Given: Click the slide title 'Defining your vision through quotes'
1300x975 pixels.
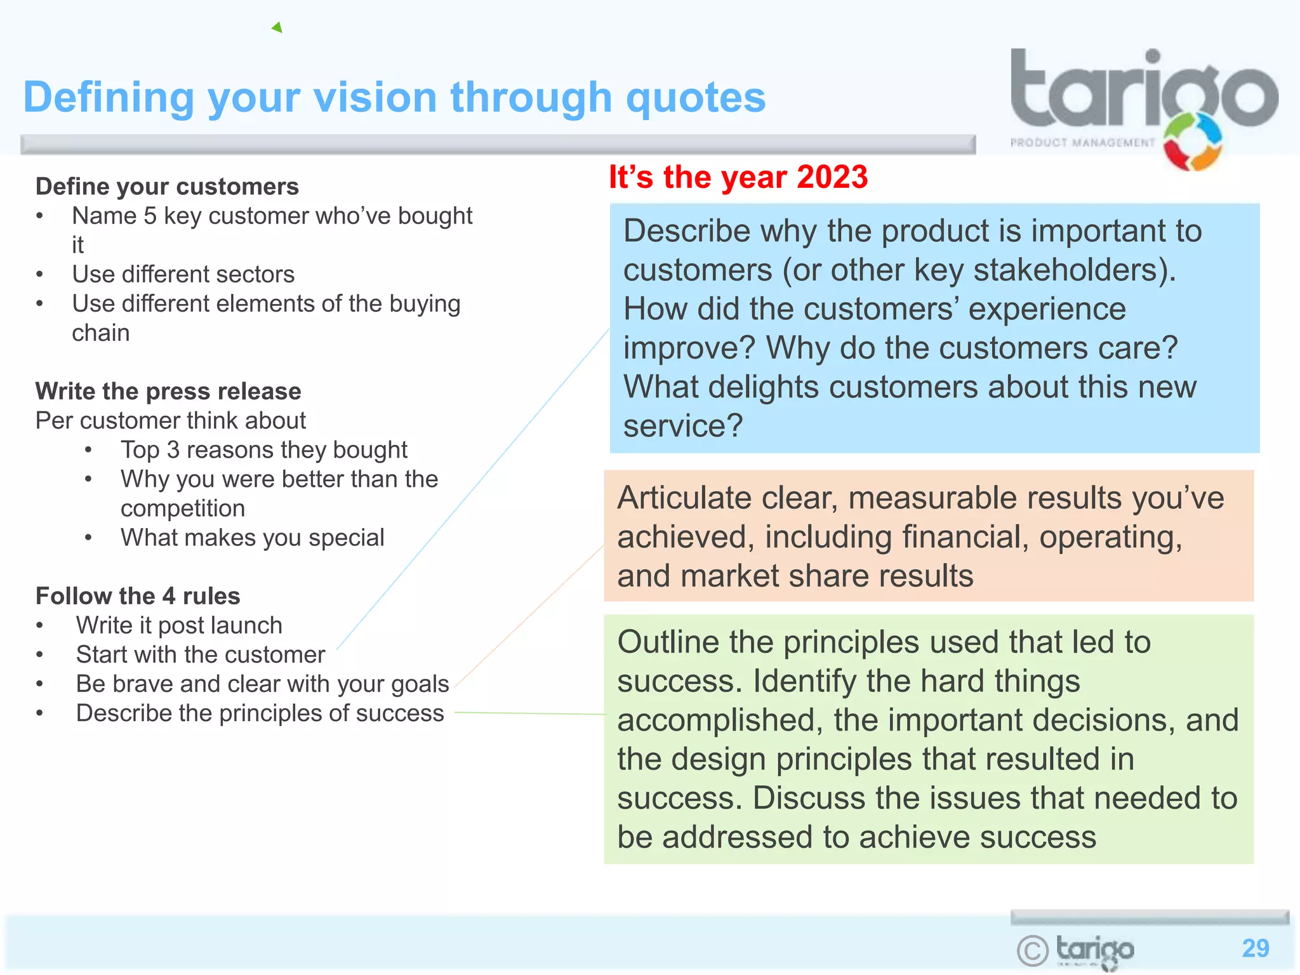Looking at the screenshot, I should click(x=394, y=98).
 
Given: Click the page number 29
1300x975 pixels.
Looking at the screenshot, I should click(x=1255, y=948).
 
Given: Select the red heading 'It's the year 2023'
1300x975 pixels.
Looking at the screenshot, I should click(x=738, y=177).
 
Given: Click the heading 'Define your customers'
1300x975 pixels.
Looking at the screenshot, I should click(x=167, y=187).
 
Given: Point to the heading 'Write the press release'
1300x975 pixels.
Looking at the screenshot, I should click(x=168, y=391).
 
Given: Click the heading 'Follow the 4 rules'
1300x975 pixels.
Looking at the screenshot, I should click(x=138, y=596).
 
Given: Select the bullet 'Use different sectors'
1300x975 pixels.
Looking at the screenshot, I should click(x=183, y=274).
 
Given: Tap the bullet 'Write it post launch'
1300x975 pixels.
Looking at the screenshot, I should click(x=179, y=625).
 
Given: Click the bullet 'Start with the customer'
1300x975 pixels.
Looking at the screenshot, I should click(x=201, y=654).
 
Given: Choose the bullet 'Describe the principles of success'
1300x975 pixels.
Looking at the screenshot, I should click(x=260, y=713).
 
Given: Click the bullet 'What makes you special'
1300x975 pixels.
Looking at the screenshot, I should click(x=253, y=538).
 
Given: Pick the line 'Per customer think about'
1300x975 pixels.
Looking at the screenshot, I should click(x=170, y=420).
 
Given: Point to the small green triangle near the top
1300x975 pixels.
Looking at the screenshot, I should click(x=277, y=27).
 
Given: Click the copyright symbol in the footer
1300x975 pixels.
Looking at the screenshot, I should click(x=1032, y=950).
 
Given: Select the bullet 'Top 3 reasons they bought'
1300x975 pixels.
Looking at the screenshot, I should click(x=263, y=449).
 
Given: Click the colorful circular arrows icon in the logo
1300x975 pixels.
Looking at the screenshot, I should click(x=1192, y=142).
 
